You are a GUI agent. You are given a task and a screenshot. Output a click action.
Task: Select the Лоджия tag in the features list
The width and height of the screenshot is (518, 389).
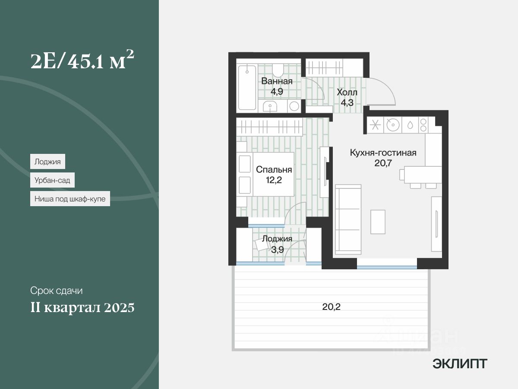coord(47,162)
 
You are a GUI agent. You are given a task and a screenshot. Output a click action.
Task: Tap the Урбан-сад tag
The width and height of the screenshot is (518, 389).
coord(53,179)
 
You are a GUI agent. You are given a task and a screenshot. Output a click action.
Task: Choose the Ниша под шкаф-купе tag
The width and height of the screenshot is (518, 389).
coord(70,199)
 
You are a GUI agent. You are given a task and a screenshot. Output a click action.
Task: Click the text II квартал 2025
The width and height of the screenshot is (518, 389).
coord(82,308)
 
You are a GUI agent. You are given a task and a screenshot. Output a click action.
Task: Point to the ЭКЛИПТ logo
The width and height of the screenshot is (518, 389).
coord(459,364)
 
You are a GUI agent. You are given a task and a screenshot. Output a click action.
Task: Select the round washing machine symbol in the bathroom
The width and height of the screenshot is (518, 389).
coord(294,106)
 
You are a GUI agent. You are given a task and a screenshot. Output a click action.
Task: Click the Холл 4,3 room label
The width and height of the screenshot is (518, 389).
coord(347,97)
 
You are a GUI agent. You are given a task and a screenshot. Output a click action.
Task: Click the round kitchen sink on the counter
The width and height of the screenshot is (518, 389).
coord(392,125)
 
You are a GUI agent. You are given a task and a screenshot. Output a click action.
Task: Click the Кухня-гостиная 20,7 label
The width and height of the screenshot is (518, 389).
coord(382,158)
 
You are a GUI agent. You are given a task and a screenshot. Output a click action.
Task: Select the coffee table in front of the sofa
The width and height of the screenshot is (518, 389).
coord(378,222)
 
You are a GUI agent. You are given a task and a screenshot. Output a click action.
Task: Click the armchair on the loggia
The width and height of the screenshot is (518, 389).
coord(262,245)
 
